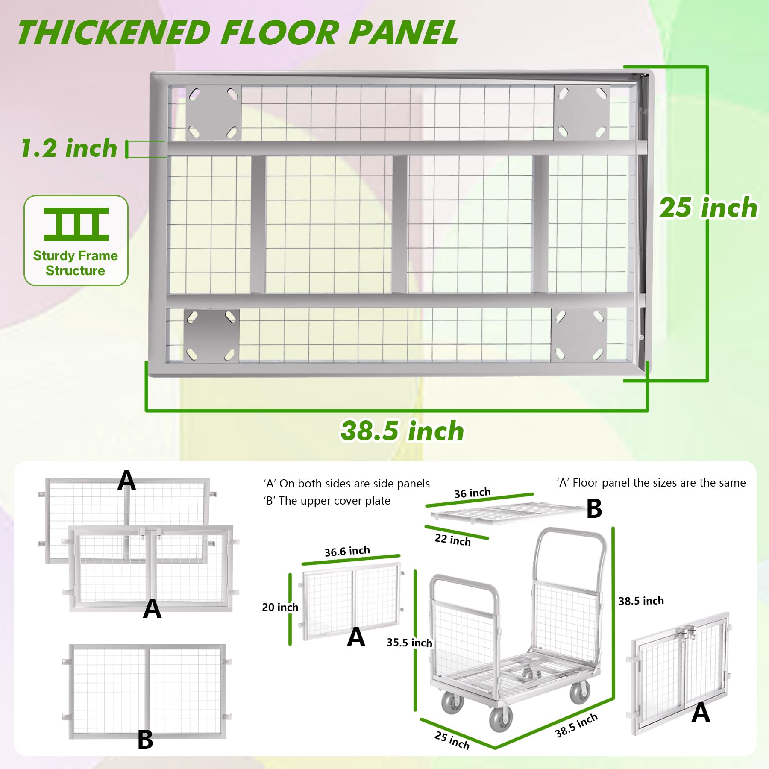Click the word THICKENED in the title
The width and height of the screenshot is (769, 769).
pos(114,33)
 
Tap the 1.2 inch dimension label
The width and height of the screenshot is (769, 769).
pos(69,148)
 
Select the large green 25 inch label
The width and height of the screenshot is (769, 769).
pos(708,208)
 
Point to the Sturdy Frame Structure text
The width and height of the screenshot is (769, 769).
pos(76,263)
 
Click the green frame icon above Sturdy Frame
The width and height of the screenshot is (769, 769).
pos(76,224)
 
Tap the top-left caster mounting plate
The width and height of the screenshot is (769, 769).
pos(213,113)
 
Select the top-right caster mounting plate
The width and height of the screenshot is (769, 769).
pos(581,113)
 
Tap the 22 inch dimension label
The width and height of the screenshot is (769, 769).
pos(452,540)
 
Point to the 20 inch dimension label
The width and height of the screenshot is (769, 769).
pos(280,607)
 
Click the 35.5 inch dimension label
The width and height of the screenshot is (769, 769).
pos(409,643)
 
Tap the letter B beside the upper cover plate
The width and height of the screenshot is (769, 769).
pos(594,508)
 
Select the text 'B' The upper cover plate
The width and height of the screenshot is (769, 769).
pos(327,501)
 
